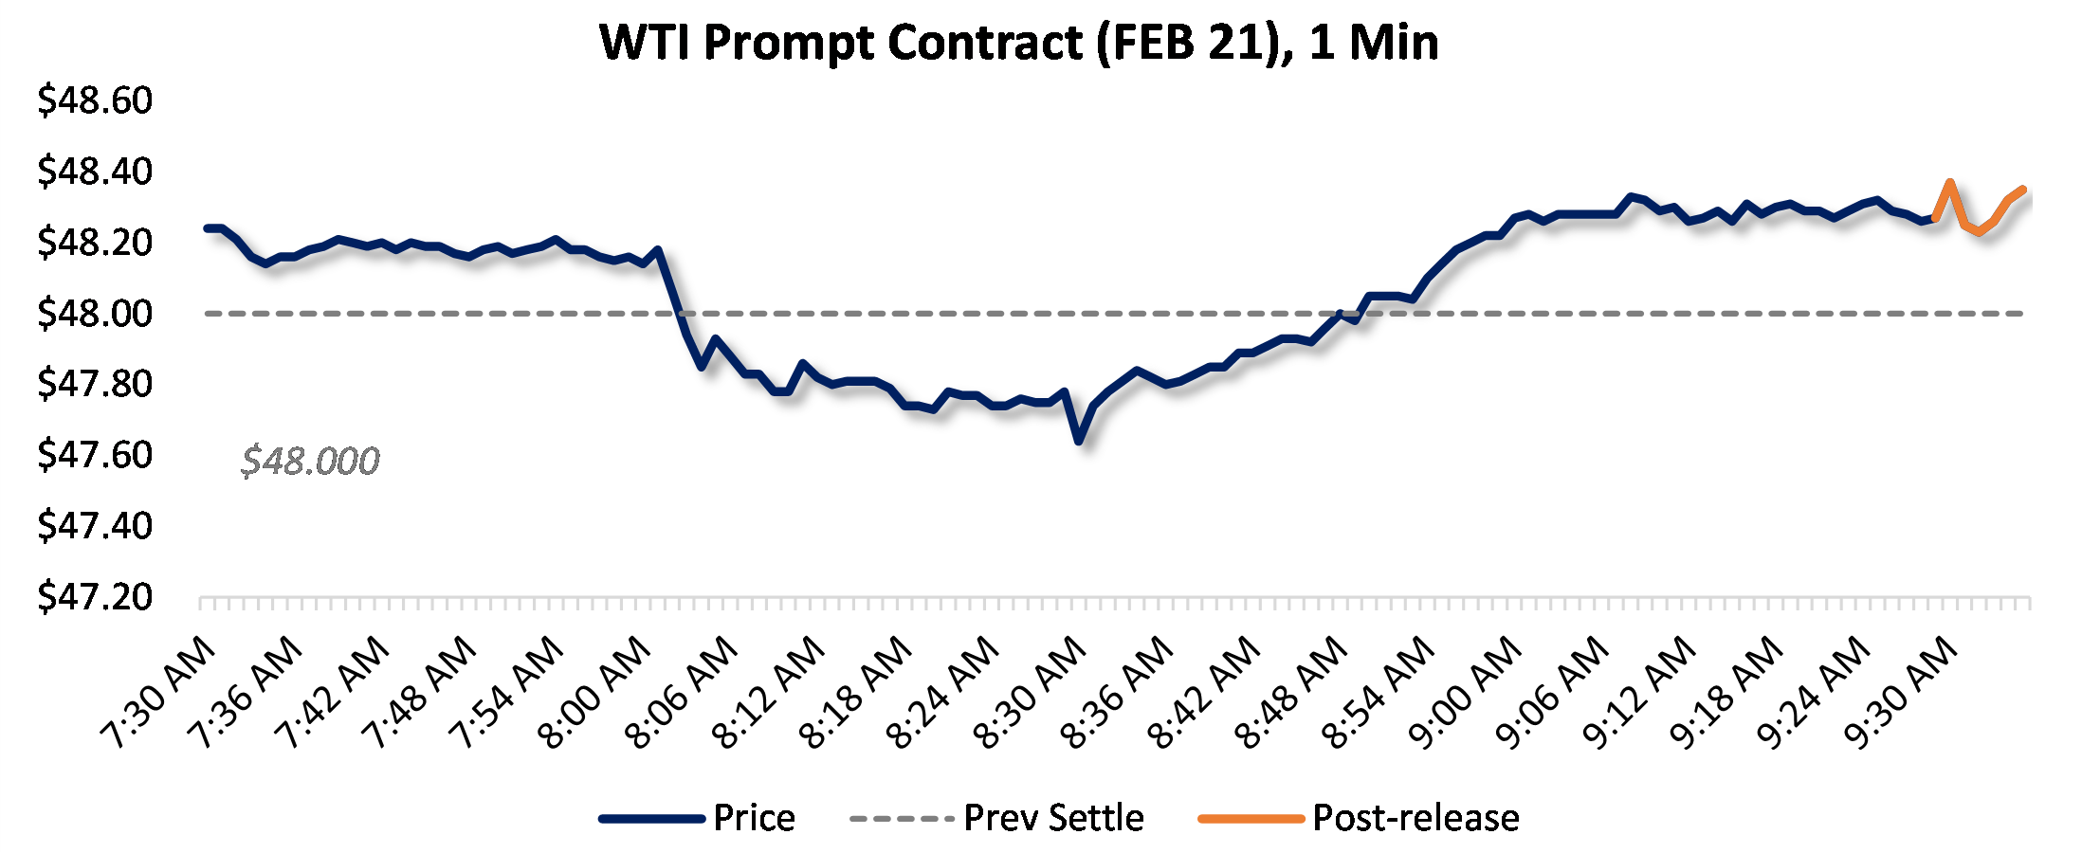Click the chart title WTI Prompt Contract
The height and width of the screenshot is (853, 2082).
point(1019,43)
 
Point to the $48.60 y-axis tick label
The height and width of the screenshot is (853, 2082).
point(95,100)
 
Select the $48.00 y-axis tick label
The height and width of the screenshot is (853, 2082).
point(95,313)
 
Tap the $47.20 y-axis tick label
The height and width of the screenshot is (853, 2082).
point(95,597)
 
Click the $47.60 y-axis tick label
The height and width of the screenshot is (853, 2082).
point(95,455)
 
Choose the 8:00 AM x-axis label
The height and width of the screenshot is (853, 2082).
point(594,692)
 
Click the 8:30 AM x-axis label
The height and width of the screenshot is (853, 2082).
point(1030,692)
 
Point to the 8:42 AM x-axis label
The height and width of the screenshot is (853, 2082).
point(1204,692)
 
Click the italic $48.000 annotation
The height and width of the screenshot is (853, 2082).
point(310,462)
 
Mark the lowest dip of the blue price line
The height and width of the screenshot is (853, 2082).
point(1079,441)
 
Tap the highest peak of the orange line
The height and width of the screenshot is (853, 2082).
point(1949,182)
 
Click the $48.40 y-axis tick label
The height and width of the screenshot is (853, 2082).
point(95,172)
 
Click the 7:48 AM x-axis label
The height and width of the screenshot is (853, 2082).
point(420,692)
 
